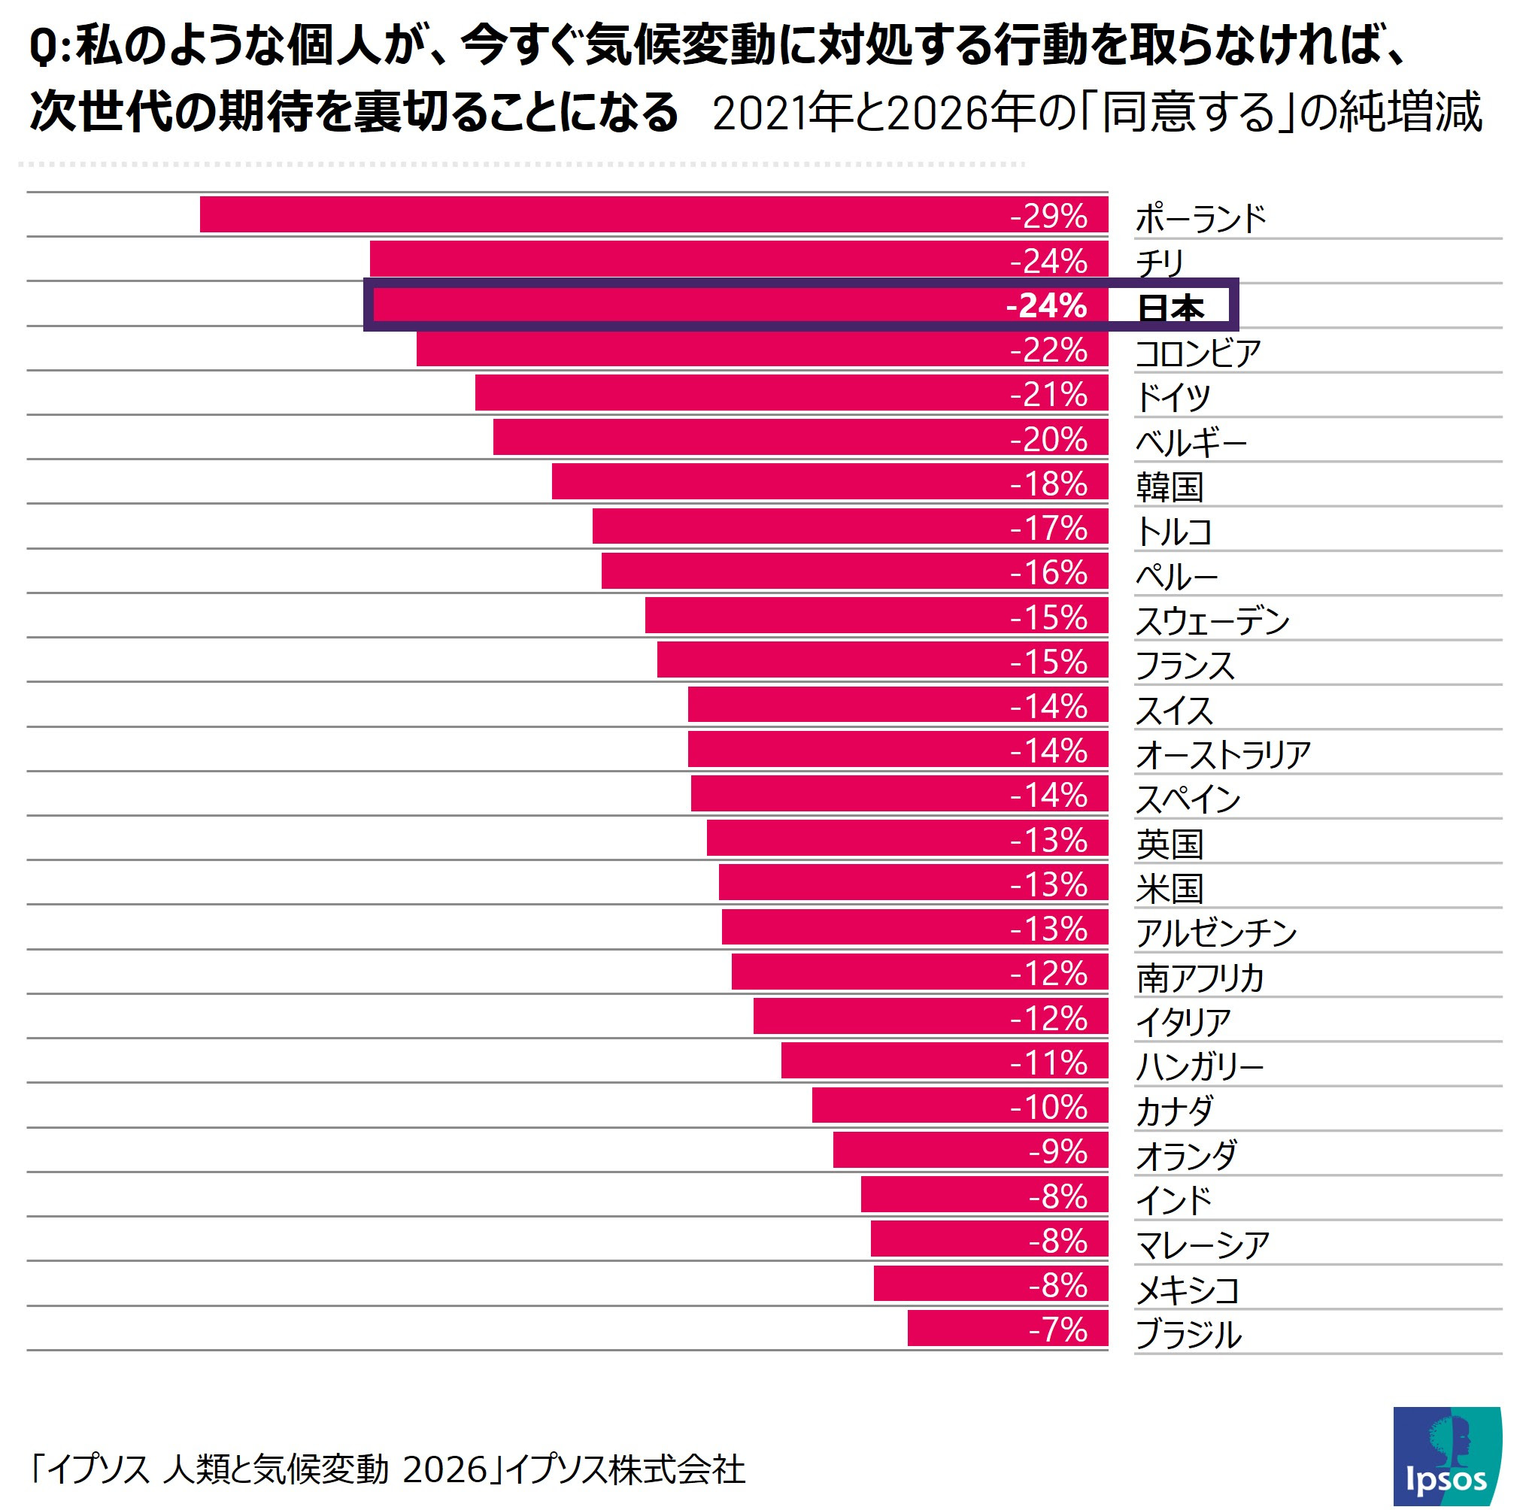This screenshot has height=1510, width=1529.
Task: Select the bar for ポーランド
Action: pos(653,214)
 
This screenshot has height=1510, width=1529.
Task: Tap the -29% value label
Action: pos(1048,216)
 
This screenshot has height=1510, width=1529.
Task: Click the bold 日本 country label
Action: pos(1170,307)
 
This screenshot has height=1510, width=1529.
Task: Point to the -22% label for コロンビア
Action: pos(1048,350)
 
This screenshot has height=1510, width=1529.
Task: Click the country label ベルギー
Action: pos(1191,441)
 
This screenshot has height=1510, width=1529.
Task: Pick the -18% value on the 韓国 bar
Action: pos(1048,484)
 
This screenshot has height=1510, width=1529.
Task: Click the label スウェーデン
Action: pos(1212,620)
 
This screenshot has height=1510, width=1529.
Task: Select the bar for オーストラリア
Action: pos(896,750)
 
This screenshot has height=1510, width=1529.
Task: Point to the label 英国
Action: pos(1169,844)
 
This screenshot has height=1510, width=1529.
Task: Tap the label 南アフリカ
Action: pos(1200,978)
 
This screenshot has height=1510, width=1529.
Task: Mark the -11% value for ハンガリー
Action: pos(1048,1061)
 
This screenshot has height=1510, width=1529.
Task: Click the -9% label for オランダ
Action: pos(1057,1151)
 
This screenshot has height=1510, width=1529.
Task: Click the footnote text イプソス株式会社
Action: pos(625,1469)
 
